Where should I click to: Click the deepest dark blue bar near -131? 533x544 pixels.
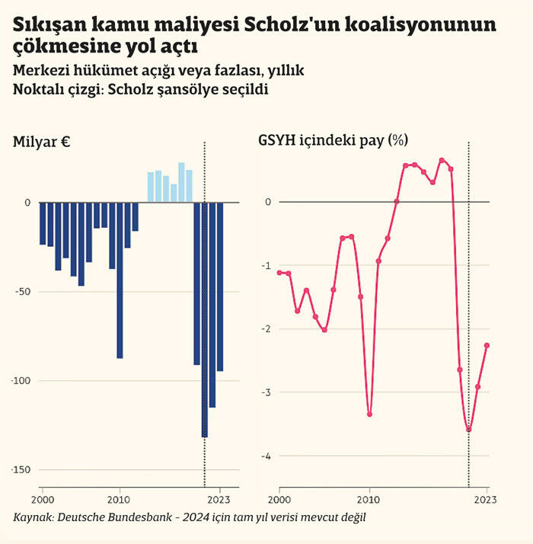204,319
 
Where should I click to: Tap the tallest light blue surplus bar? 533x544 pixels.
181,182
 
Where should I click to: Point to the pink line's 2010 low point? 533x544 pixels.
369,414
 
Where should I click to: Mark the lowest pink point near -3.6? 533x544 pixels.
468,430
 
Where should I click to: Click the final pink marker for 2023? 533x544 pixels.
487,345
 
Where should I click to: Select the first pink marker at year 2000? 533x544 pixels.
280,272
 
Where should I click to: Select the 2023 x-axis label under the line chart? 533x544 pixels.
485,500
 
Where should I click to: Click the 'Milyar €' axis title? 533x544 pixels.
42,142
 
